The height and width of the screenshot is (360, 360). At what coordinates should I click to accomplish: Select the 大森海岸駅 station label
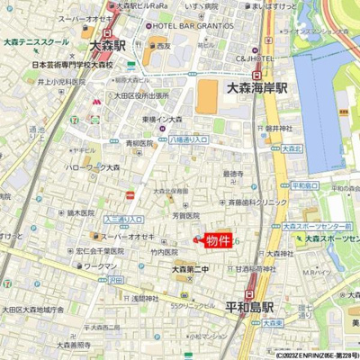pyautogui.click(x=256, y=88)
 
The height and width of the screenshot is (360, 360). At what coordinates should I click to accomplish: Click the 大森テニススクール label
pyautogui.click(x=36, y=41)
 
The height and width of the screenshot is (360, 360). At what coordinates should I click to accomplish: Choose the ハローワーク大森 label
pyautogui.click(x=91, y=167)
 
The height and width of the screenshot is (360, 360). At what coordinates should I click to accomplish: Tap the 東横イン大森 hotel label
pyautogui.click(x=163, y=120)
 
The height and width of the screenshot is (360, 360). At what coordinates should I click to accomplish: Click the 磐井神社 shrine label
pyautogui.click(x=281, y=129)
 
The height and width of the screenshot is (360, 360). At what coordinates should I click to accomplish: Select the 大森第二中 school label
pyautogui.click(x=190, y=269)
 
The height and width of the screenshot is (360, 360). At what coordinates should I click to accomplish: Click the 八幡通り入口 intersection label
pyautogui.click(x=189, y=139)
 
